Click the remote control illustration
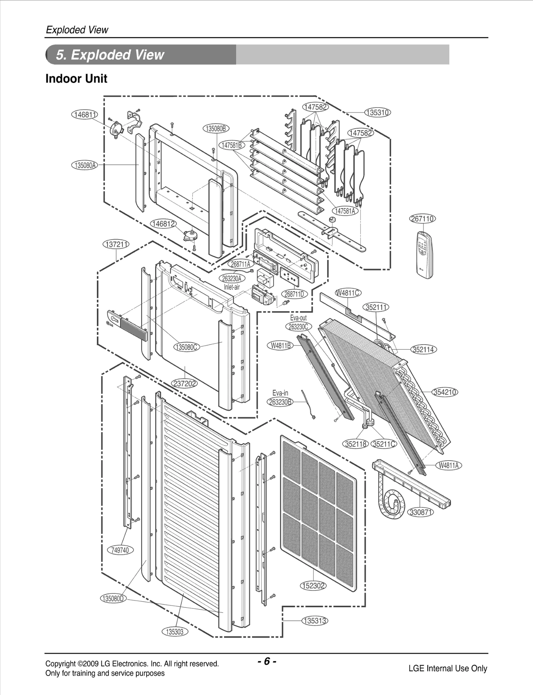point(424,255)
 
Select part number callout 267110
point(422,219)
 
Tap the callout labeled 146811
point(85,115)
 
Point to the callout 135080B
point(216,129)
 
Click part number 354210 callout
point(445,392)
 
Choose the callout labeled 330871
point(421,512)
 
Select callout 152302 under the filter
point(313,586)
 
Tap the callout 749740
point(120,550)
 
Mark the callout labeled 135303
point(175,632)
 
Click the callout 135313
point(315,621)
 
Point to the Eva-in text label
point(280,393)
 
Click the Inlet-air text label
point(232,287)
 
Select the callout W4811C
point(348,293)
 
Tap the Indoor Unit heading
point(76,79)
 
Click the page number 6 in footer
point(267,661)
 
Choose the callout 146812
point(163,224)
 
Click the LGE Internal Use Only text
point(448,668)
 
